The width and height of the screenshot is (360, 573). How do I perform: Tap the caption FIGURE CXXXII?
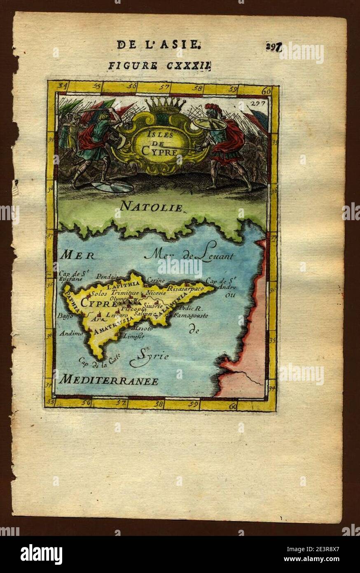pyautogui.click(x=159, y=65)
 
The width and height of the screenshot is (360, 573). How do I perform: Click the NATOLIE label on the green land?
pyautogui.click(x=151, y=207)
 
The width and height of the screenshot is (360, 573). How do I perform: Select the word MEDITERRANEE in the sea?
pyautogui.click(x=108, y=381)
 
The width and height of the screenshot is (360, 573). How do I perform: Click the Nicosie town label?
pyautogui.click(x=155, y=293)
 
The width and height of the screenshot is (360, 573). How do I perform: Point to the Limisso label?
pyautogui.click(x=134, y=336)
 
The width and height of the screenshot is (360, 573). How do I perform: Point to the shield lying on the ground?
pyautogui.click(x=112, y=186)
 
